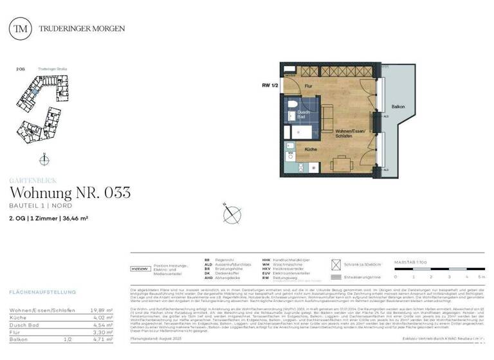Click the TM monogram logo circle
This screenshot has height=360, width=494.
click(x=23, y=28)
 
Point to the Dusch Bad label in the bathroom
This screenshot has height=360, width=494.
click(x=302, y=114)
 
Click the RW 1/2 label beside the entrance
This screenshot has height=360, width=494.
click(x=270, y=84)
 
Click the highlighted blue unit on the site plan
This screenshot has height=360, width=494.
click(x=36, y=94)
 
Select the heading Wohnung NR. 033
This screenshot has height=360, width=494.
click(x=70, y=192)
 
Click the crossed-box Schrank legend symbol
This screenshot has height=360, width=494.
click(x=334, y=264)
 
